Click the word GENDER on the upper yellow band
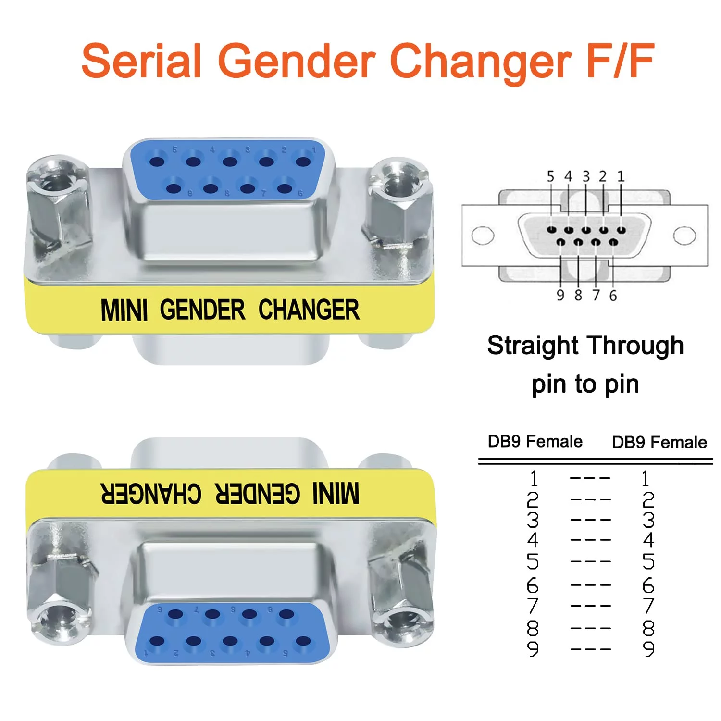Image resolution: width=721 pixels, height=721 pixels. tap(202, 310)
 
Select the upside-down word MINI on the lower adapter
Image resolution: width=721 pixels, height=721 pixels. tap(336, 493)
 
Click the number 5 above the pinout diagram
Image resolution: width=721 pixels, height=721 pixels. tap(550, 176)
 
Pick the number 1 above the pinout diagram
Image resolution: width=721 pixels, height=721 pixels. tap(621, 176)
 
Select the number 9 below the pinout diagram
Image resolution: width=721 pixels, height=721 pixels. tap(560, 295)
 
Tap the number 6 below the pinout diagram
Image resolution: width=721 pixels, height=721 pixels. tap(613, 295)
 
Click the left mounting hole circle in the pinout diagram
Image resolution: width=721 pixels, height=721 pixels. tap(483, 236)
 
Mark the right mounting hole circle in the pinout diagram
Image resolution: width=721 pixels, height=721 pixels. tap(684, 236)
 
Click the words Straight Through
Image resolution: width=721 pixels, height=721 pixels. tap(585, 346)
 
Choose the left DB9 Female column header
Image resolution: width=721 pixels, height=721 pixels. tap(535, 441)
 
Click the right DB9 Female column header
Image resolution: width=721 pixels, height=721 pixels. tap(659, 442)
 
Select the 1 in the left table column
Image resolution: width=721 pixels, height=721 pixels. tap(533, 478)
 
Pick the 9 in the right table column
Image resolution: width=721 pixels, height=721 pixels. tap(648, 649)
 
